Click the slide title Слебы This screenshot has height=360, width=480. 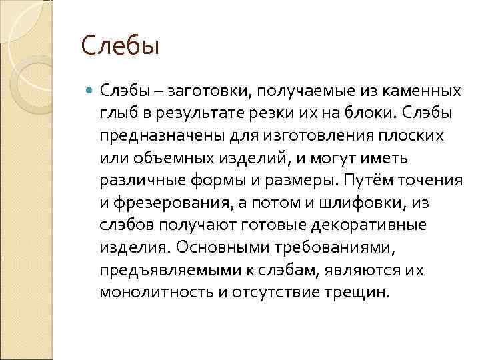point(121,46)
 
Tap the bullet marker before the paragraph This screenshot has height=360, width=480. point(89,90)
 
